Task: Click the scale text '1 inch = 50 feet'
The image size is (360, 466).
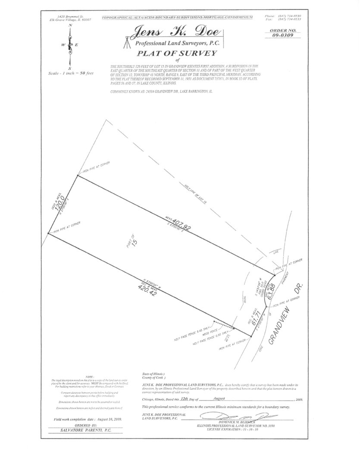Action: point(78,73)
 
